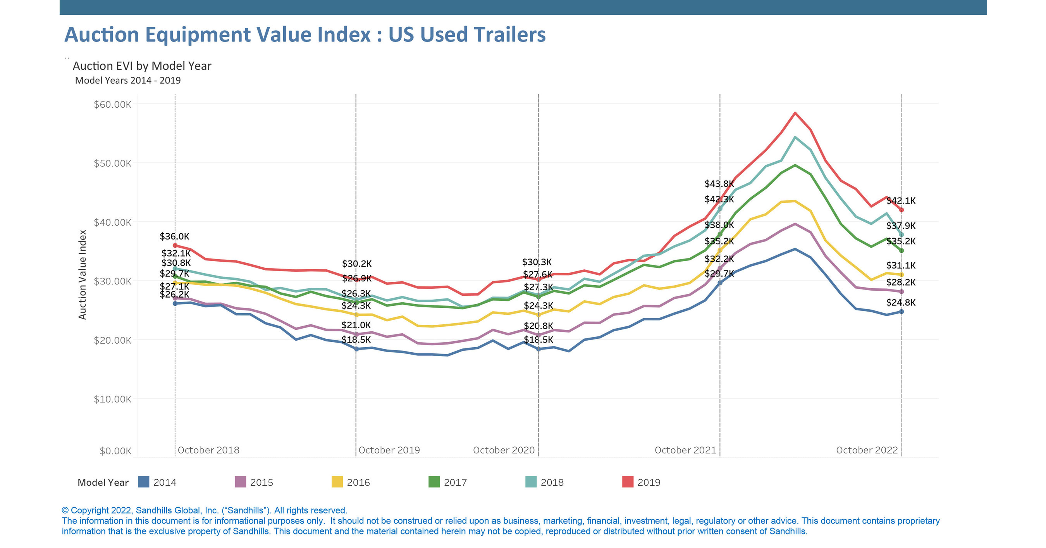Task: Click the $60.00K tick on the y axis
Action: (112, 104)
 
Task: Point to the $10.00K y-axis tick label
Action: (112, 399)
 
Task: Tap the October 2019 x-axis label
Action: (389, 450)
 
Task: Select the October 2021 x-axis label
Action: (685, 450)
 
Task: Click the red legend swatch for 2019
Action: (628, 482)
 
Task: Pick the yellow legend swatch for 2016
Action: (337, 482)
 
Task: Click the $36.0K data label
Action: (174, 236)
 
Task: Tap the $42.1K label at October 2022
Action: (901, 201)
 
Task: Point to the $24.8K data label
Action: (901, 303)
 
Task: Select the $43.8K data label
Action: (719, 184)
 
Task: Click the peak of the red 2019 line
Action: (795, 113)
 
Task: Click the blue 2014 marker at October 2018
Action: (175, 303)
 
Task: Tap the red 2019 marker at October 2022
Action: (901, 210)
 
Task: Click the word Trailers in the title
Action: (509, 34)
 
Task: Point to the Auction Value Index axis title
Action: (83, 275)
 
